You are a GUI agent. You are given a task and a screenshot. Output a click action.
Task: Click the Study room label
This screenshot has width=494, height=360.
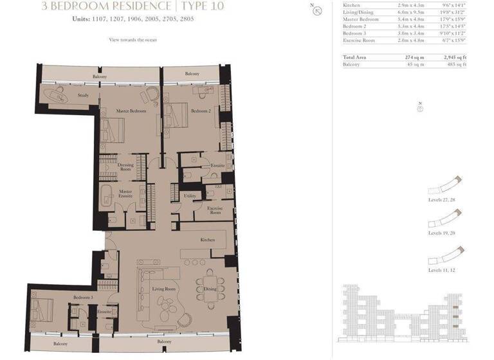83,95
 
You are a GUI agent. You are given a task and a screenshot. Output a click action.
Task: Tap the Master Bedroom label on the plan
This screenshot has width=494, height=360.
131,111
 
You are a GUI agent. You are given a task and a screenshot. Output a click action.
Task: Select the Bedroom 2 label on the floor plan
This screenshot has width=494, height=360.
201,111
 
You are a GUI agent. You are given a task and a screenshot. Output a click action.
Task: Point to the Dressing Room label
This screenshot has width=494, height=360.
125,168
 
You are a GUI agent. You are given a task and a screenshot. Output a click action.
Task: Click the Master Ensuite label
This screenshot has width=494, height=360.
125,193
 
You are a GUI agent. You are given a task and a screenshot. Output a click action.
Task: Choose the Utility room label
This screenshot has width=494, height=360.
190,195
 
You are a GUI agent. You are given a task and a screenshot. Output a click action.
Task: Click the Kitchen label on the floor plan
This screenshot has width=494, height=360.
207,240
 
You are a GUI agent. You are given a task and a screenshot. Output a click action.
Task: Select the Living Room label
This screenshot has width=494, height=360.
163,289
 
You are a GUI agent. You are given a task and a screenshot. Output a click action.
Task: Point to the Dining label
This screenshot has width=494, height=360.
210,289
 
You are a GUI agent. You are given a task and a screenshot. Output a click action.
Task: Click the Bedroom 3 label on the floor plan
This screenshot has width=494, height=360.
82,298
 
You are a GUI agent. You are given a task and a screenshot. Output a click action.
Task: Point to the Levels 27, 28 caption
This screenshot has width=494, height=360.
441,200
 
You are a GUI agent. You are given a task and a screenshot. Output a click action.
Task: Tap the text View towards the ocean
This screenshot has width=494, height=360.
133,40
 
